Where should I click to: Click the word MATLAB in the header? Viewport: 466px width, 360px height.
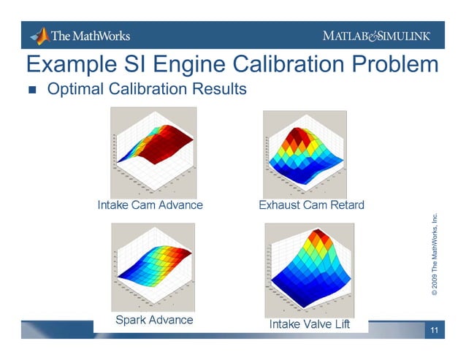pos(351,37)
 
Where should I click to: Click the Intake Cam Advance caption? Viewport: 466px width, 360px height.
pos(150,205)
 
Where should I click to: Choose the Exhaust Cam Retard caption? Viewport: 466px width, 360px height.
pos(311,204)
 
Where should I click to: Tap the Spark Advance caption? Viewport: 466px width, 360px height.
pos(154,320)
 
